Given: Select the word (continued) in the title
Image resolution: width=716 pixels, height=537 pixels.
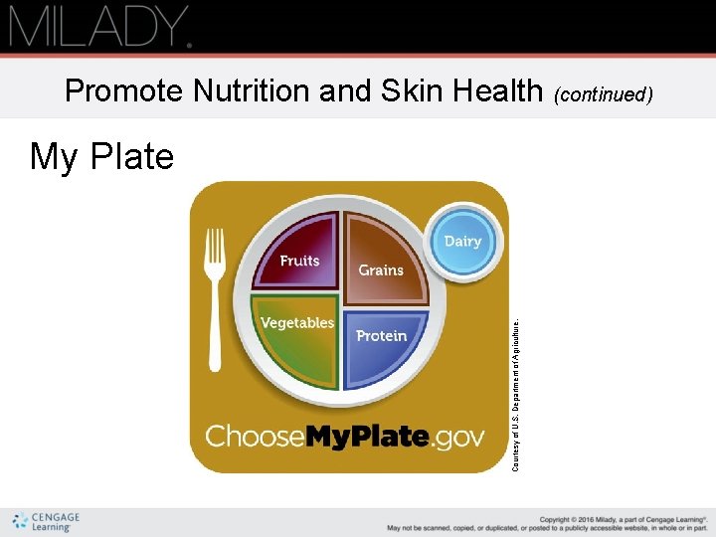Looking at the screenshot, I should tap(604, 93).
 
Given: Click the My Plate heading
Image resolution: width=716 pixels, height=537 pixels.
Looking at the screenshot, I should tap(101, 157).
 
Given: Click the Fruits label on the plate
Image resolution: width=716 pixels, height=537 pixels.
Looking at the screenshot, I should tap(299, 261).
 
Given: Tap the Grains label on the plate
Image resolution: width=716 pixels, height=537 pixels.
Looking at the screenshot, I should tap(381, 269).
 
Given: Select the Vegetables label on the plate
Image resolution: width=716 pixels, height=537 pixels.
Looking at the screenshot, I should tap(296, 323).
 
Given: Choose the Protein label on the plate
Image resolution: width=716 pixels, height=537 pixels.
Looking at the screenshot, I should tap(382, 336).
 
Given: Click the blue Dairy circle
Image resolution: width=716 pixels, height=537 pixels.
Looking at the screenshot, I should tap(462, 242).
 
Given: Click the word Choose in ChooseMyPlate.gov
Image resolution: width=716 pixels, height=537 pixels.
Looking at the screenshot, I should tap(255, 437).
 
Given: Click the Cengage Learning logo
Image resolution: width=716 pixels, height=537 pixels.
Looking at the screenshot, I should tap(46, 522).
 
